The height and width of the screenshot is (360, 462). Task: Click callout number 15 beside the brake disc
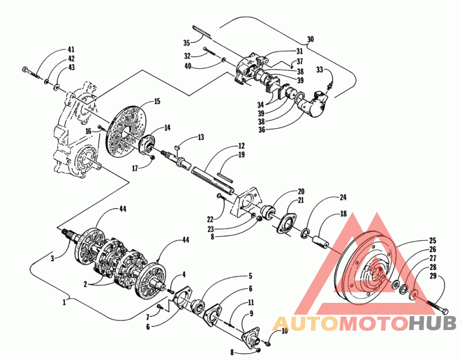pos(157,102)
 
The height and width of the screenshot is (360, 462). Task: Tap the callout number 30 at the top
pos(311,39)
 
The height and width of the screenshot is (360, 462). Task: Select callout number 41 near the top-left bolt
pos(70,49)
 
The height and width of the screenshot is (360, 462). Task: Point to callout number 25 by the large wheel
pos(432,241)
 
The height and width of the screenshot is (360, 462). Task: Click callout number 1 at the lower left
pos(65,302)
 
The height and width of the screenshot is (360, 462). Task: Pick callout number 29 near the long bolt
pos(441,277)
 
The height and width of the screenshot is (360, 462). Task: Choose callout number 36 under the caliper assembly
pos(262,129)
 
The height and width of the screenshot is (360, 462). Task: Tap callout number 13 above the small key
pos(200,137)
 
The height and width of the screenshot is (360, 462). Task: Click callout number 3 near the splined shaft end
pos(52,258)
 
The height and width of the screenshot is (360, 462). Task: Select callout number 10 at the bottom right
pos(284,331)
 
